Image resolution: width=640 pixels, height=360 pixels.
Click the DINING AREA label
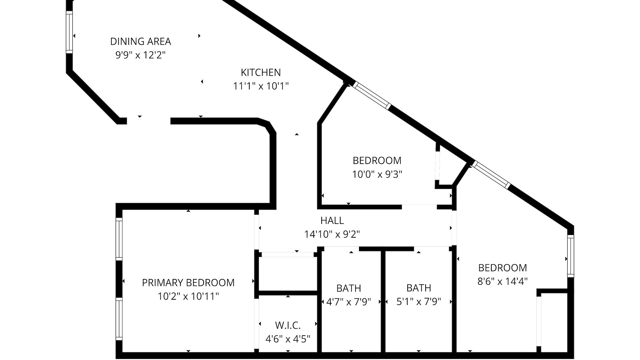[x=140, y=42]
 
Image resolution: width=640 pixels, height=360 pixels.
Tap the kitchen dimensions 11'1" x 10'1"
[x=261, y=86]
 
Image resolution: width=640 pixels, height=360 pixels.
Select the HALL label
[x=332, y=220]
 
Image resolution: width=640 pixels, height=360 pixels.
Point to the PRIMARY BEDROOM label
[x=188, y=283]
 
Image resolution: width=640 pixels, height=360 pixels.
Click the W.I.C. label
[x=288, y=325]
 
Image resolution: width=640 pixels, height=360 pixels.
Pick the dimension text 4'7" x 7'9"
[x=349, y=302]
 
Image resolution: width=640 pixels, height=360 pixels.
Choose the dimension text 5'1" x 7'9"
[x=419, y=302]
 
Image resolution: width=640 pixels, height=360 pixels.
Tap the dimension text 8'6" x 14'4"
[x=502, y=282]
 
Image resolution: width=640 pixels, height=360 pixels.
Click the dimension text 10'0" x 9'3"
[x=377, y=174]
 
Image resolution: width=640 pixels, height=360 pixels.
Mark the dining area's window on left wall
[x=69, y=32]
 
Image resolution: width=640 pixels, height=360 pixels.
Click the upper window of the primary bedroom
[x=119, y=238]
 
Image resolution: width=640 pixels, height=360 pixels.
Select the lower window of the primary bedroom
[x=119, y=319]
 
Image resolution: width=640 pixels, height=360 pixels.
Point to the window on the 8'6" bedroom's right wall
[x=571, y=256]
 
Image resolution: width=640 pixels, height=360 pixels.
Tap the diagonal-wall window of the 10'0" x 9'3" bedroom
[x=372, y=95]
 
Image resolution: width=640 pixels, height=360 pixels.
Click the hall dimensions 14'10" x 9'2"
[x=332, y=234]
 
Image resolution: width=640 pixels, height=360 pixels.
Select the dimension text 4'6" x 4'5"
[x=288, y=339]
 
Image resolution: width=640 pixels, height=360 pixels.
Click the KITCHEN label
[x=261, y=72]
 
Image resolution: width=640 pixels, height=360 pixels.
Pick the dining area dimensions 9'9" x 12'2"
[x=140, y=55]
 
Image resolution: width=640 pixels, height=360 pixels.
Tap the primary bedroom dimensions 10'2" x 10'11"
[x=188, y=296]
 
